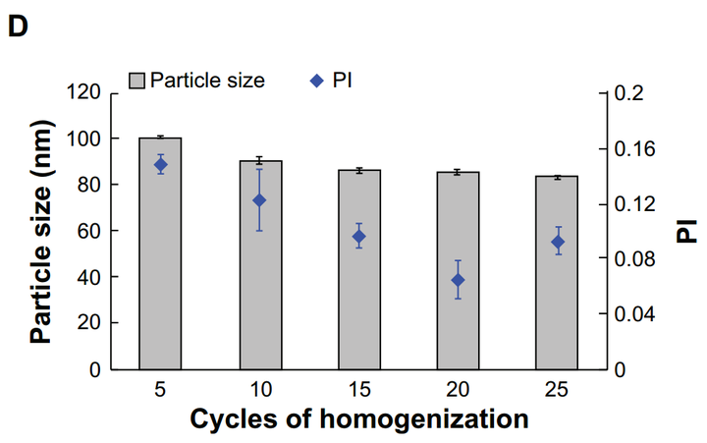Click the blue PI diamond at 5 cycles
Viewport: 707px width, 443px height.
[160, 165]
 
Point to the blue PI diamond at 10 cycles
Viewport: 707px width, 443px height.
[260, 200]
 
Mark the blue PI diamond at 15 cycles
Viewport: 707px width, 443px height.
[359, 236]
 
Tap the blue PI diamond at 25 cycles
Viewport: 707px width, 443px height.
[558, 242]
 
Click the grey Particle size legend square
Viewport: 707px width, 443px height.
[136, 81]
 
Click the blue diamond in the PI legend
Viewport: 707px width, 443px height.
[315, 81]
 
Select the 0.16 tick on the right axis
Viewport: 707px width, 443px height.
[633, 149]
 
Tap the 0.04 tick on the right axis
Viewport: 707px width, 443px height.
[633, 315]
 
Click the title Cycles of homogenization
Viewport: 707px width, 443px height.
[358, 419]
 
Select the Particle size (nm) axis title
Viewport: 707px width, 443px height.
[41, 232]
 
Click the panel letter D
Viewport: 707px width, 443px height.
[18, 28]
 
